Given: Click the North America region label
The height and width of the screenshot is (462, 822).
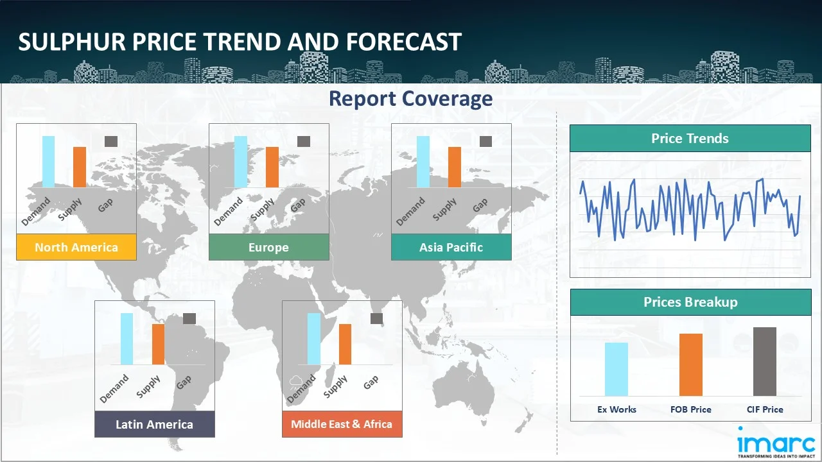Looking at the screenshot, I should coord(76,247).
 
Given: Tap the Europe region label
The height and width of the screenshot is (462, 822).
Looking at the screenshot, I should coord(268,247).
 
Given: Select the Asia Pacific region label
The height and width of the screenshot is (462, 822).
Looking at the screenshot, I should coord(451,247).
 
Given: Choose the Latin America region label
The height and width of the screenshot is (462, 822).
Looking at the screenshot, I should coord(154,424).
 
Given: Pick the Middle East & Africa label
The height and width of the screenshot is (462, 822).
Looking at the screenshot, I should coord(342,424).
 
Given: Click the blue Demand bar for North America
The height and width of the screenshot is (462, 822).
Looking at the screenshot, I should coord(48,162).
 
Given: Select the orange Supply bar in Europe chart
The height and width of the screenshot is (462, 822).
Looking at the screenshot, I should coord(272,167).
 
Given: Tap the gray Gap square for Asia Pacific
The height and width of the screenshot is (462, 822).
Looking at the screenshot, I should coord(485,141).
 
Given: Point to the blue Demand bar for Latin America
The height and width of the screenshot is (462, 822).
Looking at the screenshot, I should coord(127,339).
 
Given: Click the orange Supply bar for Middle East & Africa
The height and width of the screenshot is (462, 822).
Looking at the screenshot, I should coord(345,344).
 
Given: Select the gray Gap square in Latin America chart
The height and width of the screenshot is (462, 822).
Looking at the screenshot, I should coord(189,318).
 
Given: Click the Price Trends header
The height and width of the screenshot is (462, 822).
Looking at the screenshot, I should coord(690,139).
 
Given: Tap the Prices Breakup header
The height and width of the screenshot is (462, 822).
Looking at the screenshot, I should coord(690,302).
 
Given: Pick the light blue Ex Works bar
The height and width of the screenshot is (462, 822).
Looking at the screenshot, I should coord(616,369).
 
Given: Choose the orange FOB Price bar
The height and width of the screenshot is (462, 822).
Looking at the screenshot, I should coord(691,364).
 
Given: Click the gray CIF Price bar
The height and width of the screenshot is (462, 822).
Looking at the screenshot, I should coord(765,361).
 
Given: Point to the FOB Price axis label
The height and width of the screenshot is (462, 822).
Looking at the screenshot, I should coord(691,409).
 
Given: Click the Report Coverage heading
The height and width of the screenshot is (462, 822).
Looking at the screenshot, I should coord(410,99).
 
